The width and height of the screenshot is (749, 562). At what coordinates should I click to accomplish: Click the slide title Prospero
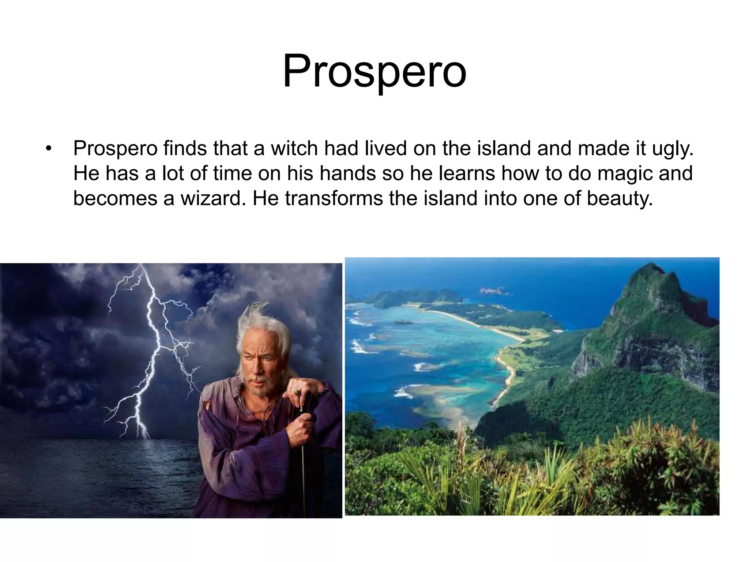tap(374, 71)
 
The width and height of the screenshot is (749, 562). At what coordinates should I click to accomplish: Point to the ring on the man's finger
tap(297, 392)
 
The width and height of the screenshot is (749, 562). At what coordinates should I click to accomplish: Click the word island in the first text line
tap(503, 149)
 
